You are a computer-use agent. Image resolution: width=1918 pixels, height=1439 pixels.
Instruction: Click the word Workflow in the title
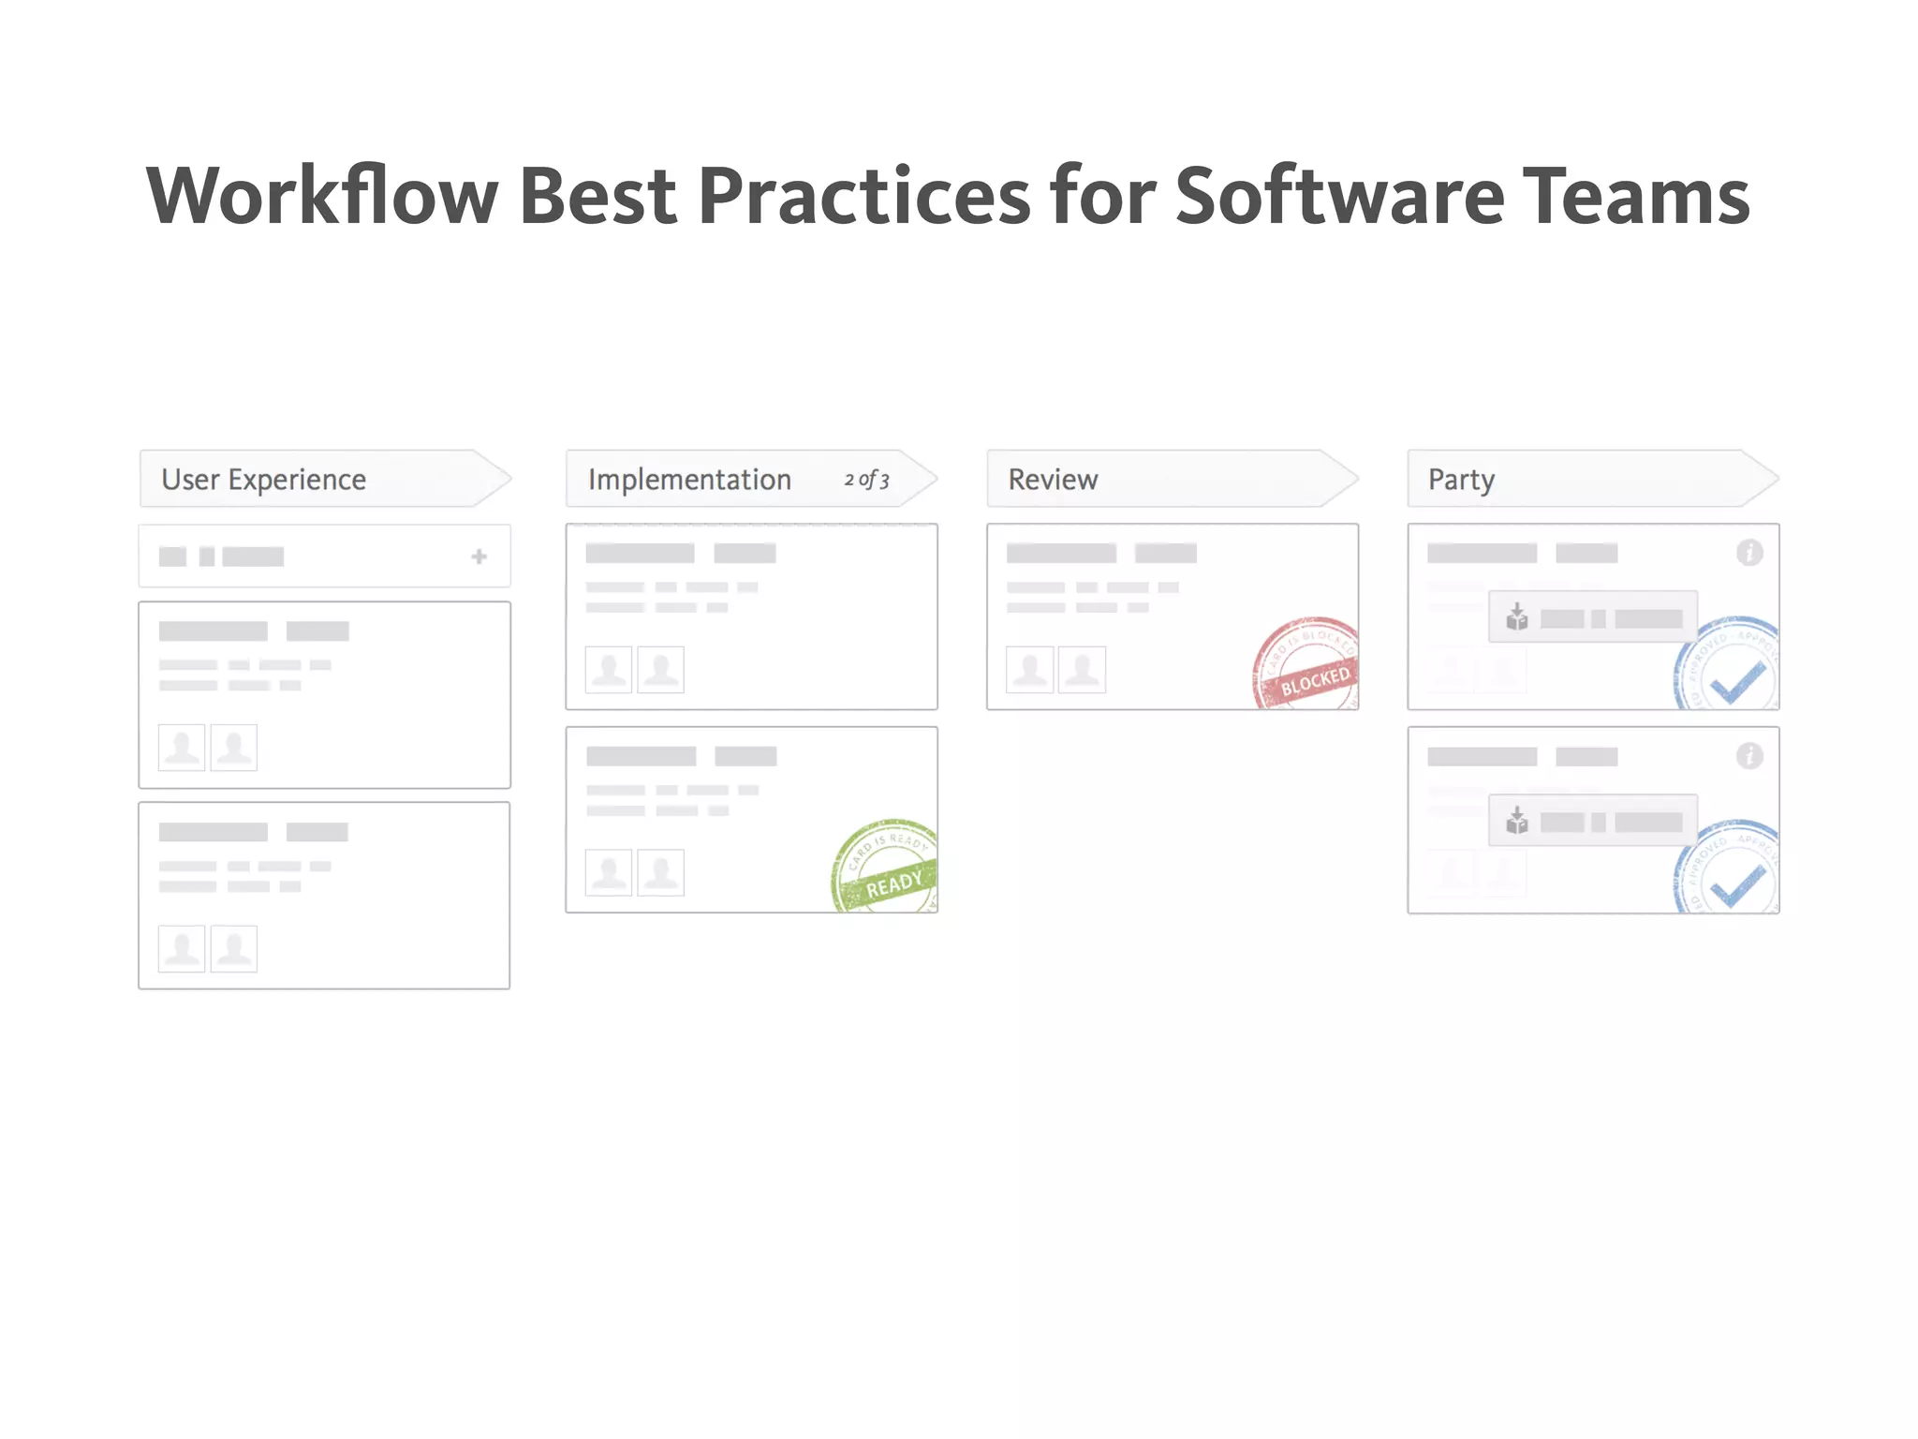[322, 197]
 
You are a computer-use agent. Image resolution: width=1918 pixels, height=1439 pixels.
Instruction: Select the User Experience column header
[264, 480]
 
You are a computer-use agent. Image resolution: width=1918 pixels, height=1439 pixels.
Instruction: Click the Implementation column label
[689, 480]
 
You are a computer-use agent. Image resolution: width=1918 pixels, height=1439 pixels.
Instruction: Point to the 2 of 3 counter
[866, 480]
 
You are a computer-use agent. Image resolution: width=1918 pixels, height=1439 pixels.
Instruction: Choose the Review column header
[1053, 480]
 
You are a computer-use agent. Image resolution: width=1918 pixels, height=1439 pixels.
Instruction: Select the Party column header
[1461, 480]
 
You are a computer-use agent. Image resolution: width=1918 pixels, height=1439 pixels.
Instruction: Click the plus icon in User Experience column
[479, 556]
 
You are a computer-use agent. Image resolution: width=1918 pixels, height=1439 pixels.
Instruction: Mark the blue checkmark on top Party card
[1737, 682]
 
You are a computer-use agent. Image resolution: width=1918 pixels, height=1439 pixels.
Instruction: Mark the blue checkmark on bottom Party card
[1737, 885]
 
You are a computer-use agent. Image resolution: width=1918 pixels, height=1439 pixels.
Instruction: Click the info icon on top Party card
[1748, 553]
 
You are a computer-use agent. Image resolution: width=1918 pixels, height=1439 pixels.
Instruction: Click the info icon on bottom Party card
[1748, 756]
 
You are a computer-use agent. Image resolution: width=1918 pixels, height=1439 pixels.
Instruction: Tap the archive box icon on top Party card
[1516, 617]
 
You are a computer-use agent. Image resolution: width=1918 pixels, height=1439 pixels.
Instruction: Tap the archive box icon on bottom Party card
[1516, 822]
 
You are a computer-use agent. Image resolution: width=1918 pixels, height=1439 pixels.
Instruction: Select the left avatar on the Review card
[1029, 670]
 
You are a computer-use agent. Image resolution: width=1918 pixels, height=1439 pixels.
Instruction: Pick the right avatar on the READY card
[660, 873]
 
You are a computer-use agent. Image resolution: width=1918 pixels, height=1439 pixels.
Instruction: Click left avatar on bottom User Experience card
[182, 949]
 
